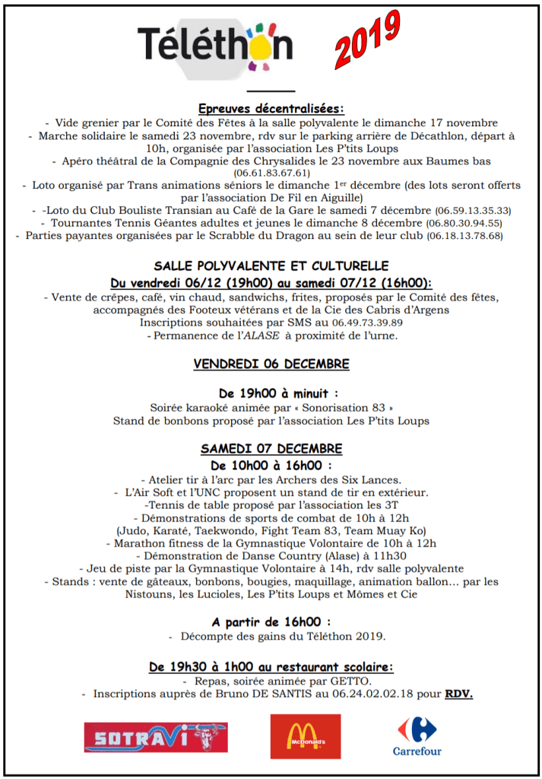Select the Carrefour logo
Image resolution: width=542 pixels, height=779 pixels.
(x=417, y=735)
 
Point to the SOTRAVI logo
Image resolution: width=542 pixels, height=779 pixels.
(x=156, y=736)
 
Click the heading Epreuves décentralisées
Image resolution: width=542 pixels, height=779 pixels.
(x=271, y=108)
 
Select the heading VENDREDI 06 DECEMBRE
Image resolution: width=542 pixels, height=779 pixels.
(x=271, y=364)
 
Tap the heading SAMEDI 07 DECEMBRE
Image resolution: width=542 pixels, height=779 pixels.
(x=271, y=448)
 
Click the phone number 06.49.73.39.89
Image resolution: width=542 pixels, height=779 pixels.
(x=365, y=323)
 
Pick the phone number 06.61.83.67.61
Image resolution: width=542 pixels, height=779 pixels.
(x=271, y=173)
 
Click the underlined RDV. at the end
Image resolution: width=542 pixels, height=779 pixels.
(x=458, y=694)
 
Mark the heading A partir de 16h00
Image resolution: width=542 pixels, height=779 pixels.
(x=271, y=621)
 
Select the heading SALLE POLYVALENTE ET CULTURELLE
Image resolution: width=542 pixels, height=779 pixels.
(x=271, y=266)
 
